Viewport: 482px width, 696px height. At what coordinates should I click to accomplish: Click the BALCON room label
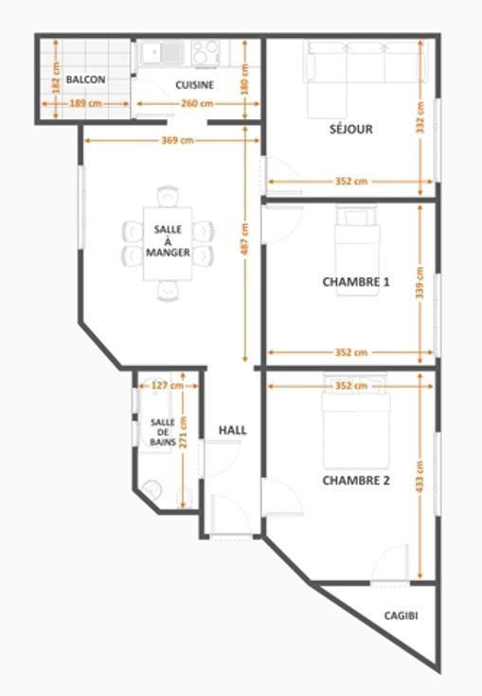point(86,79)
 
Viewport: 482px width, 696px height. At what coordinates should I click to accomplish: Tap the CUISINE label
point(195,85)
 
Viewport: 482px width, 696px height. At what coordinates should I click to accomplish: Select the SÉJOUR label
point(350,130)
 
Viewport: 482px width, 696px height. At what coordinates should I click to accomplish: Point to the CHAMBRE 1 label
point(356,282)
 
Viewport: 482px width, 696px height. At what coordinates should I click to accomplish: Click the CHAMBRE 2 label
point(356,480)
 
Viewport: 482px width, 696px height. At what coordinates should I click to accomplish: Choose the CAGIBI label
point(402,616)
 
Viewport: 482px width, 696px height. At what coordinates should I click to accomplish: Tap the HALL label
point(233,430)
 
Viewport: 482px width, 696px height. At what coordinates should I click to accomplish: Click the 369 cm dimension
point(177,140)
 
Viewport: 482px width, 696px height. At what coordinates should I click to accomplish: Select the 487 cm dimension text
point(245,239)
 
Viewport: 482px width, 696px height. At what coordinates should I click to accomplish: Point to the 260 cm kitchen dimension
point(197,103)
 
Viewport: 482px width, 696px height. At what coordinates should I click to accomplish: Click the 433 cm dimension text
point(420,476)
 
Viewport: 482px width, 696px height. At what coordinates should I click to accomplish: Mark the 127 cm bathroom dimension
point(168,385)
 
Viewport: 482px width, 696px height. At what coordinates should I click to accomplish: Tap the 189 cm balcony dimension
point(85,103)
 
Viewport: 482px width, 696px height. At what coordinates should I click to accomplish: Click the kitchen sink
point(161,53)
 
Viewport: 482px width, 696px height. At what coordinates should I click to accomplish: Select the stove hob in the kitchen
point(205,53)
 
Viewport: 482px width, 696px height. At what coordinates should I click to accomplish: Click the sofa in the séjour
point(365,75)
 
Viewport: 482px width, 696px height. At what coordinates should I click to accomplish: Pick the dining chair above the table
point(168,196)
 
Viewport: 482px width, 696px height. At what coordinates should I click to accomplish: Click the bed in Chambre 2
point(356,421)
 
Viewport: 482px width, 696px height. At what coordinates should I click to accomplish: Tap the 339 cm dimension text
point(420,283)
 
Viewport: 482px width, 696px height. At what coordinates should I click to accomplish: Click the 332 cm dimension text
point(420,117)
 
